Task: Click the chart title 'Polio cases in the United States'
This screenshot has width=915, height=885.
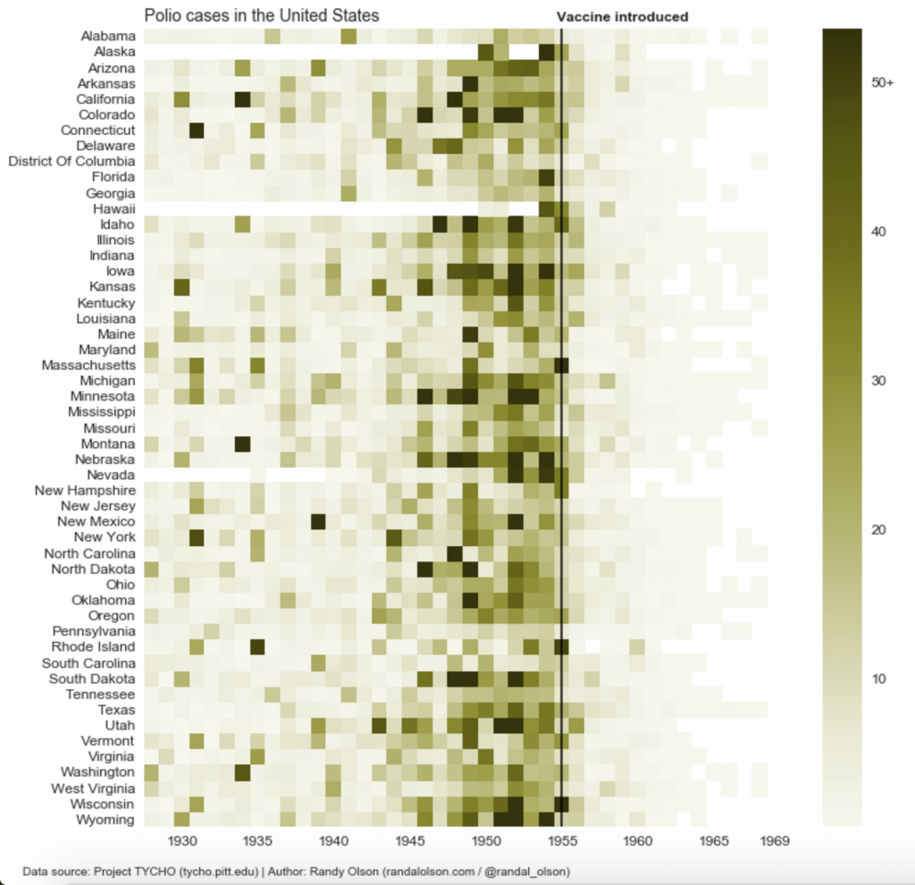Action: [262, 15]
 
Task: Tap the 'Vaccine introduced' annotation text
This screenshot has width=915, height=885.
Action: [622, 17]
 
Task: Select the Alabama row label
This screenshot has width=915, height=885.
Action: [107, 37]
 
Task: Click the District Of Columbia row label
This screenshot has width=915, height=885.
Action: [71, 161]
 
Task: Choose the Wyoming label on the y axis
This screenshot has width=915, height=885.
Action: [105, 820]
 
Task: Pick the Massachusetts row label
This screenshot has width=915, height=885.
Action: [88, 365]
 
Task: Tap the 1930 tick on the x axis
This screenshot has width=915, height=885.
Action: [182, 841]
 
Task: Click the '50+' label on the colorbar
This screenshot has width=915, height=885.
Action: [883, 83]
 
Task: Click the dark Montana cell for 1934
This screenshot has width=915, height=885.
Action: [242, 443]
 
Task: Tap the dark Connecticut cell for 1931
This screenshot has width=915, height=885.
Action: [197, 131]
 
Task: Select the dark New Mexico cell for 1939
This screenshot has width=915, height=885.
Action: [318, 521]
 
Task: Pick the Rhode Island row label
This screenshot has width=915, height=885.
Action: [93, 646]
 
